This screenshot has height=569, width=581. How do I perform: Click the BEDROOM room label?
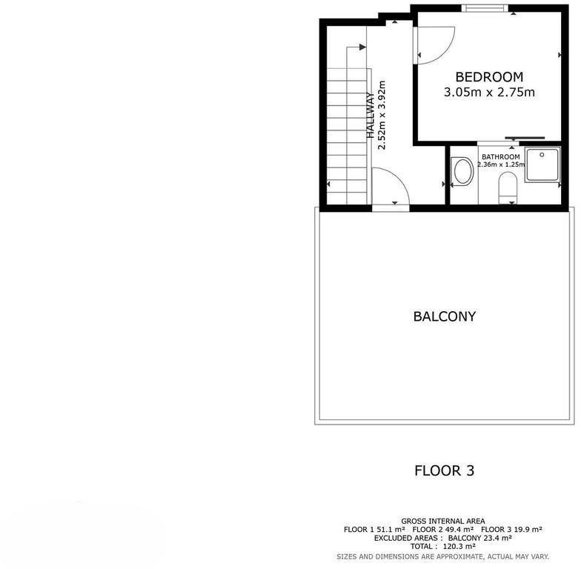489,77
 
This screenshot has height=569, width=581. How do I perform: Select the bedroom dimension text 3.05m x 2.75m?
489,92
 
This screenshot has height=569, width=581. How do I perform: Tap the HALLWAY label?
371,116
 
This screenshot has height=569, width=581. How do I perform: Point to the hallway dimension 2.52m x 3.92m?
382,116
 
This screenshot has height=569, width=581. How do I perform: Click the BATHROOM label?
501,157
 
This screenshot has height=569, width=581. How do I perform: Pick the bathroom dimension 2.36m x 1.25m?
501,164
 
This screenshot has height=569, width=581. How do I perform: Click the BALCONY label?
445,316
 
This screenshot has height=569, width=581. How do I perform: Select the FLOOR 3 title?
445,470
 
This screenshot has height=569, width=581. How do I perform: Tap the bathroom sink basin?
462,171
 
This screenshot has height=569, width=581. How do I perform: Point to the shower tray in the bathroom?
542,164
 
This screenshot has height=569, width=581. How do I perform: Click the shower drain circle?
542,155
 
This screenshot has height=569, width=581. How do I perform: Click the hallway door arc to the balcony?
399,178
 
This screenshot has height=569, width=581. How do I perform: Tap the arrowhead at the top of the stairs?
362,47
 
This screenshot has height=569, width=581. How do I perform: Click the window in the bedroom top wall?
485,7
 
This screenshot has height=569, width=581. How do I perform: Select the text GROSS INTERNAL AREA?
443,522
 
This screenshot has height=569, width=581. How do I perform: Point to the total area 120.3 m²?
459,547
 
